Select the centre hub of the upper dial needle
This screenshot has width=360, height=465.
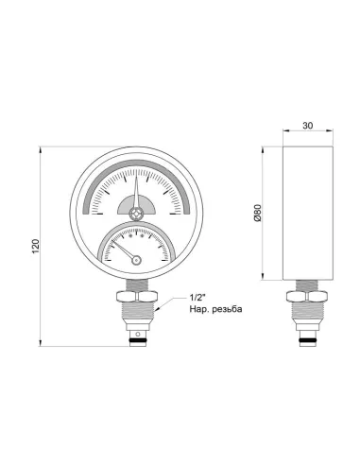(x=136, y=214)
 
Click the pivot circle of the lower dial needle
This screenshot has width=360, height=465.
(x=136, y=260)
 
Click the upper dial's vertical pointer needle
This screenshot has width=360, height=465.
(x=136, y=194)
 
